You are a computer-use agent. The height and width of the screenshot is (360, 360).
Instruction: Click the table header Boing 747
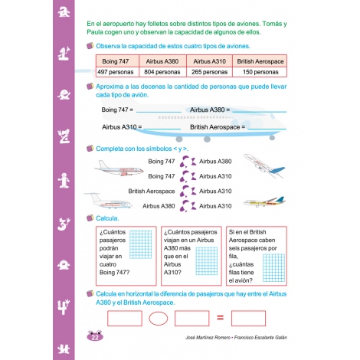(x=116, y=61)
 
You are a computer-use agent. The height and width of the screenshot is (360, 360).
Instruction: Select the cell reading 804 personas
(x=162, y=72)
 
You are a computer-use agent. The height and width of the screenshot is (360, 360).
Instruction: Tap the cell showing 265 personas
(x=209, y=72)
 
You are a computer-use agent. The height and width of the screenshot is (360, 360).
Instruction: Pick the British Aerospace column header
(x=260, y=61)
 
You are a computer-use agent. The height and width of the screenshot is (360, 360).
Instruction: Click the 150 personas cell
(x=260, y=72)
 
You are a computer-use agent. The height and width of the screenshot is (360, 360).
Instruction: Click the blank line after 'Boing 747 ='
(x=159, y=112)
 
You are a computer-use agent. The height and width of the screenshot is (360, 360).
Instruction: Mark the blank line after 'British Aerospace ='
(x=267, y=129)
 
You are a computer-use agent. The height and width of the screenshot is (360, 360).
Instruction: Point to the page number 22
(x=95, y=337)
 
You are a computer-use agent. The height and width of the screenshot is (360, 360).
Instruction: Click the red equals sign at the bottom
(x=220, y=318)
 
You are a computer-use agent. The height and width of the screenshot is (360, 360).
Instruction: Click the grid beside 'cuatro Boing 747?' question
(x=140, y=244)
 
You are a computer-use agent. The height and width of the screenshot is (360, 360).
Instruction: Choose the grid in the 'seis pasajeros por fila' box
(x=273, y=268)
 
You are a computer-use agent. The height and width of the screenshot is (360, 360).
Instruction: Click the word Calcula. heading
(x=107, y=218)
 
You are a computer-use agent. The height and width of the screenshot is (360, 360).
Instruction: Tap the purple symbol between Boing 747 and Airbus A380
(x=188, y=162)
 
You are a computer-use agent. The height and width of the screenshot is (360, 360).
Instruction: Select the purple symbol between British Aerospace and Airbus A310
(x=188, y=191)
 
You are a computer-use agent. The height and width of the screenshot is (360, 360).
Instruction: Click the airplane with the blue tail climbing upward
(x=264, y=165)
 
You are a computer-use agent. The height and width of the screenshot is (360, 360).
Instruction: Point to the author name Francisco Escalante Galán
(x=260, y=338)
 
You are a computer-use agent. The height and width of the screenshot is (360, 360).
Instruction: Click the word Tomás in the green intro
(x=272, y=24)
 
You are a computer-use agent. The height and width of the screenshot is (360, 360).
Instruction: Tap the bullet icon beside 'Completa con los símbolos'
(x=90, y=149)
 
